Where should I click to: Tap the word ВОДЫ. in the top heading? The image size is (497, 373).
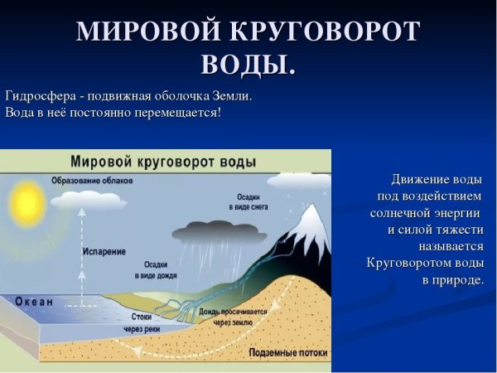(248, 64)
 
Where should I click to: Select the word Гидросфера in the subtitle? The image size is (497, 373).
(39, 95)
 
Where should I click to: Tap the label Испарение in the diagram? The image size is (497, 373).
(104, 249)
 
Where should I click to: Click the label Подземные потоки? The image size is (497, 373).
(286, 352)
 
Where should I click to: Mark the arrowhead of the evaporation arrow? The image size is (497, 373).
(81, 211)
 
